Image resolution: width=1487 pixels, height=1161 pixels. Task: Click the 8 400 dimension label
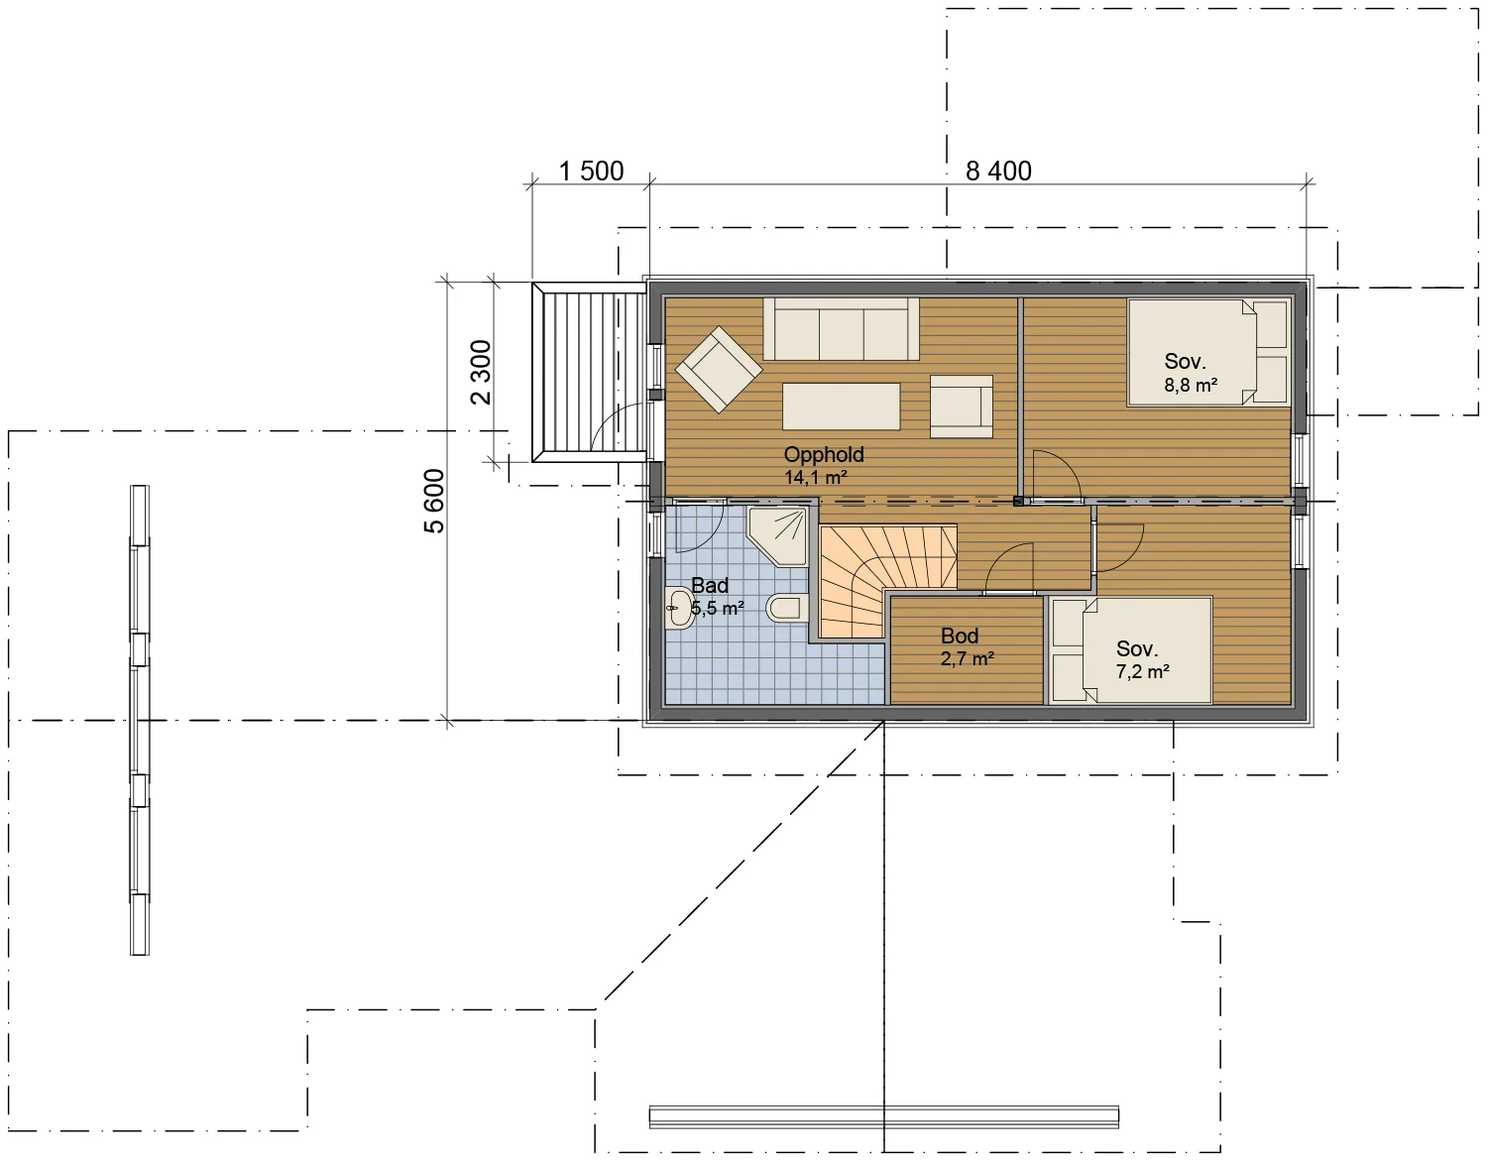[x=998, y=172]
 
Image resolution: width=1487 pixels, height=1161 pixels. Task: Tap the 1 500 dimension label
[x=591, y=172]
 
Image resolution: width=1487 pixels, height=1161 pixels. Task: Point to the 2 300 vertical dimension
[x=481, y=372]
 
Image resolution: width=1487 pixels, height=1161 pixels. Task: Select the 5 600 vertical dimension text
[x=434, y=501]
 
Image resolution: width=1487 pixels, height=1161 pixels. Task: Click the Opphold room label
[x=823, y=454]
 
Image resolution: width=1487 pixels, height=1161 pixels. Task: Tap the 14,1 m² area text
[x=816, y=477]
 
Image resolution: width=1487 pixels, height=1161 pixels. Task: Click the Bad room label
[x=710, y=585]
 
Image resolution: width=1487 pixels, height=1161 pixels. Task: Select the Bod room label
[x=960, y=636]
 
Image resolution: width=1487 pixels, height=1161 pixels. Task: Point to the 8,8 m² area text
[x=1191, y=385]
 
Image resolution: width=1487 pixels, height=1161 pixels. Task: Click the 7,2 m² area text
[x=1142, y=672]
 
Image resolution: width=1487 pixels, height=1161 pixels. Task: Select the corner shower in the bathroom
[x=778, y=537]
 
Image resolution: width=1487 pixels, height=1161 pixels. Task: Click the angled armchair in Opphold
[x=719, y=370]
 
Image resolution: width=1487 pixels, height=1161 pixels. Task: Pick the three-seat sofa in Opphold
[x=841, y=328]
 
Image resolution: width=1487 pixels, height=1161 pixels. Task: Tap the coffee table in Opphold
[x=841, y=406]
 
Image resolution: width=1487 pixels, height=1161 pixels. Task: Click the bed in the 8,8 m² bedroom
[x=1207, y=352]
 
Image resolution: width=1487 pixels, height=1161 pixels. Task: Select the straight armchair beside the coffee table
[x=962, y=406]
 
